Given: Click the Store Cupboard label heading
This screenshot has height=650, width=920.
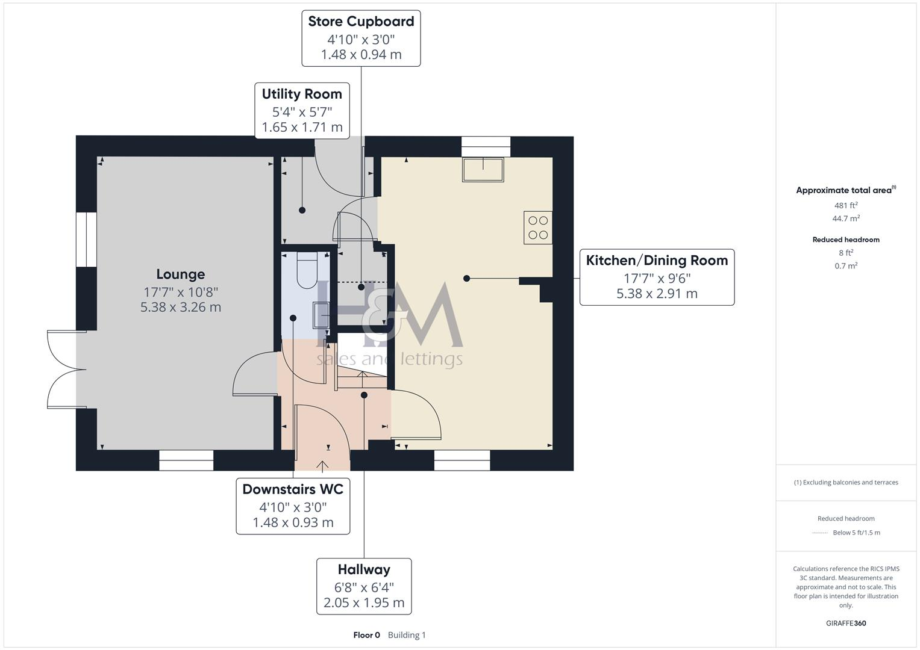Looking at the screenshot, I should pos(361,22).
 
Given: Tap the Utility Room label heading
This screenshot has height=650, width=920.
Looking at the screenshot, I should pos(302,94).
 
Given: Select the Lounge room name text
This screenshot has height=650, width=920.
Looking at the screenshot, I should pos(181,274).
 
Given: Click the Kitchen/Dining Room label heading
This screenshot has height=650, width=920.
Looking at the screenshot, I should pos(657,261).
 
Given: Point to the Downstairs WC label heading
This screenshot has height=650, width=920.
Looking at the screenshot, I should pos(293,489).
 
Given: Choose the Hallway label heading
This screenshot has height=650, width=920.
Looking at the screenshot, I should pos(364,569).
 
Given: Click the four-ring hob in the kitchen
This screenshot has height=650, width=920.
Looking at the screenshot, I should pos(538,227).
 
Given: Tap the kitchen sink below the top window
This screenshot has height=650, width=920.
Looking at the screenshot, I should pos(483,169).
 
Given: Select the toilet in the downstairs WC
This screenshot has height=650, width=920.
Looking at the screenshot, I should pos(307,269).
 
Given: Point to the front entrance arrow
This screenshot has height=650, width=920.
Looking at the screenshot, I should pos(322,466).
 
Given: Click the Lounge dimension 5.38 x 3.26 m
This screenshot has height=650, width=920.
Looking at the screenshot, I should pos(181,307).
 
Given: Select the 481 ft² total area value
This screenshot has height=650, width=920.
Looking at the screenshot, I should pos(846,205).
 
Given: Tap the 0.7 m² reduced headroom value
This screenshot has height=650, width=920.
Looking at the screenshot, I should pos(846,266).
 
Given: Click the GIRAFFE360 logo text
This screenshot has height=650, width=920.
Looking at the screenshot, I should pos(846,623).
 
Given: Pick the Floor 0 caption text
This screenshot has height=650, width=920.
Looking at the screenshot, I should pos(366,635).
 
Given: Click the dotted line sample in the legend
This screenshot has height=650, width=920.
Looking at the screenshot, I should pos(819,533).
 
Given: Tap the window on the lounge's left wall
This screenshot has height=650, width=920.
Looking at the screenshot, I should pos(86,239).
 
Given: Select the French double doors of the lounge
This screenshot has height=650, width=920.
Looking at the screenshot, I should pos(62,369).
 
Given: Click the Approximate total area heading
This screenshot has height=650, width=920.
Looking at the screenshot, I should pos(843,190).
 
